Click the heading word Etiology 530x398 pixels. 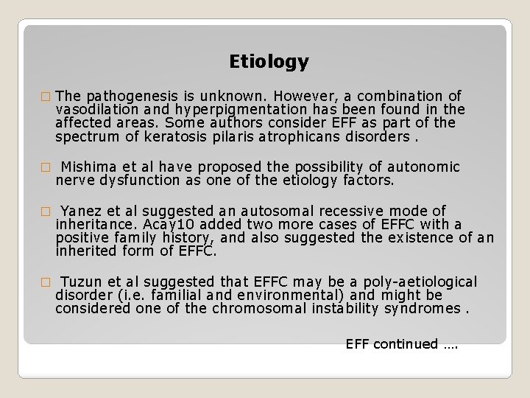click(269, 62)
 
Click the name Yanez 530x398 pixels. click(79, 211)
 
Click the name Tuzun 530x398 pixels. click(81, 282)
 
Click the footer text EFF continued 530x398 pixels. click(401, 344)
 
